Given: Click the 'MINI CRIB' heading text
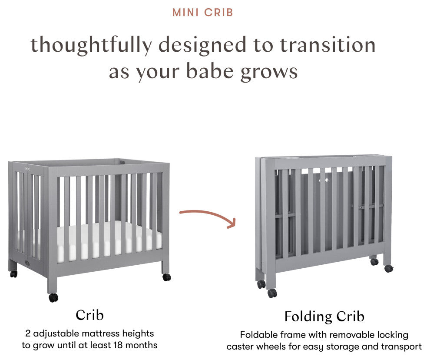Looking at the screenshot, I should pyautogui.click(x=203, y=12).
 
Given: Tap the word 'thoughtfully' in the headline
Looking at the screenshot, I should pyautogui.click(x=91, y=45).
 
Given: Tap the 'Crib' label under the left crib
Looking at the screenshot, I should pyautogui.click(x=89, y=315).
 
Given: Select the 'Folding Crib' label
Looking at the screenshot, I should pyautogui.click(x=324, y=316).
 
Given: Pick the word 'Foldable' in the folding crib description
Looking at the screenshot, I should pyautogui.click(x=256, y=335).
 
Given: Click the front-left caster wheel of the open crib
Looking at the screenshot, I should pyautogui.click(x=53, y=298).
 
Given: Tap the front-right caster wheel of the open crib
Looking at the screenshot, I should pyautogui.click(x=167, y=277).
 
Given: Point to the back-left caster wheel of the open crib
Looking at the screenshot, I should pyautogui.click(x=14, y=274).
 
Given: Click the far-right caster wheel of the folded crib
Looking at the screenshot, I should pyautogui.click(x=388, y=268).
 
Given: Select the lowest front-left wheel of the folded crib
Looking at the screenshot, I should pyautogui.click(x=272, y=293).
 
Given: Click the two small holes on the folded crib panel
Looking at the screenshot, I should pyautogui.click(x=324, y=180).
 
